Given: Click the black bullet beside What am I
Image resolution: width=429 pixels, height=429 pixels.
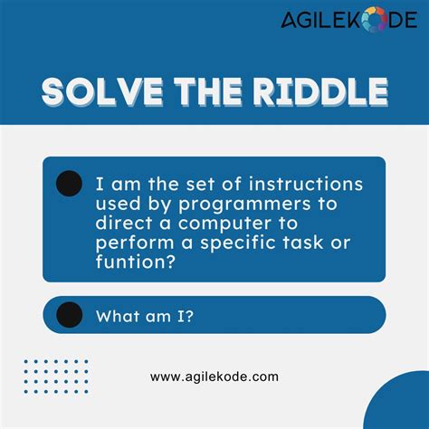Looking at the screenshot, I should pos(69,315).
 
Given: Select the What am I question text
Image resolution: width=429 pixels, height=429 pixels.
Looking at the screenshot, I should pos(144,315).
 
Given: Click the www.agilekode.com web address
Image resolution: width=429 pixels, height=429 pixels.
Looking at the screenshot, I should pos(214,377).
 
